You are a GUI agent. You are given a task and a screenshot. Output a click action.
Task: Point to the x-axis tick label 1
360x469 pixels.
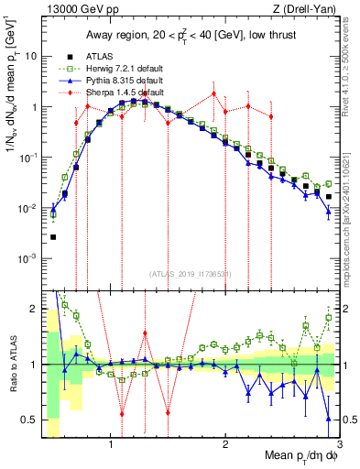111,446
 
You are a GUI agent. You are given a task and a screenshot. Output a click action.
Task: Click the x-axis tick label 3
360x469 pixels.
338,446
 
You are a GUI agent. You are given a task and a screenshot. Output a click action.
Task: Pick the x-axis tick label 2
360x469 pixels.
225,446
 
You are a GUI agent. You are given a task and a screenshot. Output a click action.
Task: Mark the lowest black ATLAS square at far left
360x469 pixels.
53,237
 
